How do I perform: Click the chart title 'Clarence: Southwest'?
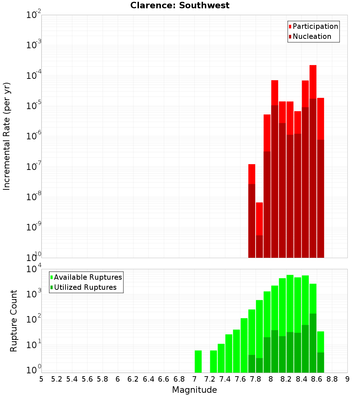(180, 5)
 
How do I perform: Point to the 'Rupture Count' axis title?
(14, 321)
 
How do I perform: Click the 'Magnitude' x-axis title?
(194, 390)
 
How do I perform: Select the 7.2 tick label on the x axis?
(210, 379)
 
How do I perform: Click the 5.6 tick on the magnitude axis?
(87, 379)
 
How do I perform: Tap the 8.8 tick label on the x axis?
(332, 379)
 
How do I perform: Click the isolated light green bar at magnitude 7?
(198, 361)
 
